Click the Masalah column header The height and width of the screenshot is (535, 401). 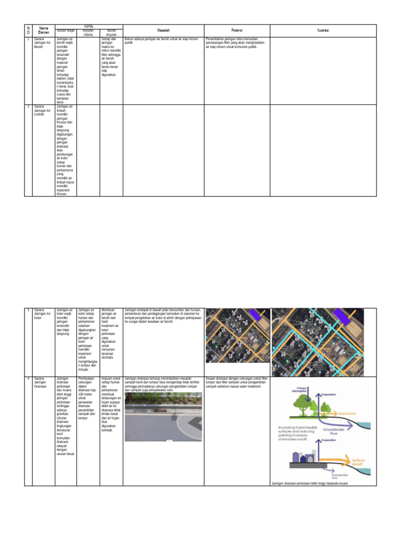coord(162,31)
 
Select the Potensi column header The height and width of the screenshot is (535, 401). coord(237,31)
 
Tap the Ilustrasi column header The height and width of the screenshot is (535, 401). coord(323,31)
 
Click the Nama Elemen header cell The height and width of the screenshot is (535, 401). coord(44,31)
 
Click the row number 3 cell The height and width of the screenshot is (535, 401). coord(28,310)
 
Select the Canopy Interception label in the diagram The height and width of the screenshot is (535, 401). coord(298,389)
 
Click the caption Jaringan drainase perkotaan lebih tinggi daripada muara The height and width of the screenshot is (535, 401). coord(310,483)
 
